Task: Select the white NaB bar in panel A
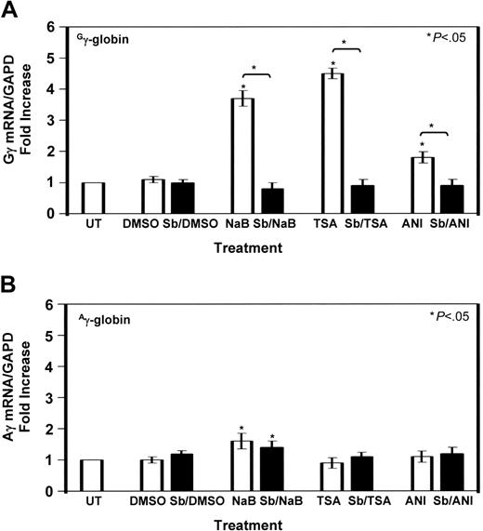pos(242,155)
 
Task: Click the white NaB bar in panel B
pos(242,465)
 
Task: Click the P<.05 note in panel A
pos(447,35)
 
